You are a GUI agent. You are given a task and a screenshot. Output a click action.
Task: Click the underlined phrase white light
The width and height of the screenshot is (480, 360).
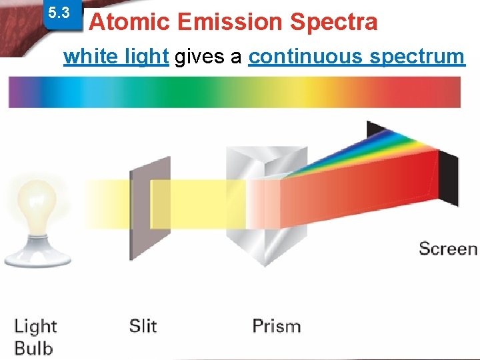click(116, 57)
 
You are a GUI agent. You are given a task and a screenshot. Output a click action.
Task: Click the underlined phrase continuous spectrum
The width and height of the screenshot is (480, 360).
click(356, 57)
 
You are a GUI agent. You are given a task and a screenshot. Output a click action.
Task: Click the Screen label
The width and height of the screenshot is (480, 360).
click(448, 249)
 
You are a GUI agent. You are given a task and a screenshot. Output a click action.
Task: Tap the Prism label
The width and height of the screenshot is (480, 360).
click(276, 326)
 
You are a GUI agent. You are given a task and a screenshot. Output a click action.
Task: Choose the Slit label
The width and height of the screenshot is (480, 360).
click(143, 326)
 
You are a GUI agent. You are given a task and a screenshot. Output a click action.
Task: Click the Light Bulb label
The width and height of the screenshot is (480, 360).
click(35, 337)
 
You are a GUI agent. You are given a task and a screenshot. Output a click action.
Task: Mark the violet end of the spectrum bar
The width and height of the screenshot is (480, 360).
click(17, 92)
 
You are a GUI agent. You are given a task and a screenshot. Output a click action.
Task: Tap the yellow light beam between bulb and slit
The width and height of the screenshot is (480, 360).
click(93, 203)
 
